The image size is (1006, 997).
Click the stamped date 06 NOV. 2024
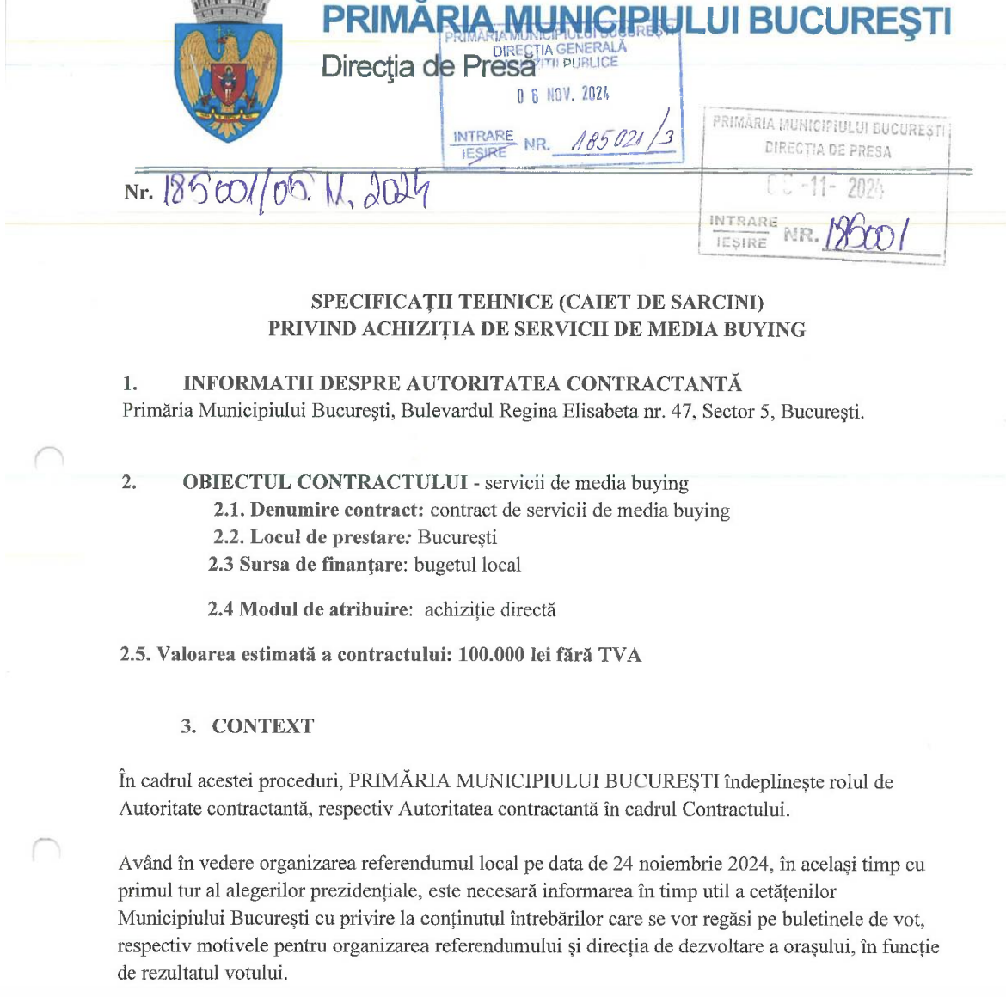point(563,95)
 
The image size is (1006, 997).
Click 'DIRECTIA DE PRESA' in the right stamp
point(827,150)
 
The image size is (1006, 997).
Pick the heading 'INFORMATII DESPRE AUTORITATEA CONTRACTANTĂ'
point(462,383)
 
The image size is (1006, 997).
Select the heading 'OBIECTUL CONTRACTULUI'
point(325,482)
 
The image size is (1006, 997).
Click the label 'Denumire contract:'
point(336,510)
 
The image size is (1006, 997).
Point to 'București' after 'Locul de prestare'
point(457,537)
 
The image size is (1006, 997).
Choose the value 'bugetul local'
point(468,565)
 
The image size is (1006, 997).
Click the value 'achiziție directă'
point(490,609)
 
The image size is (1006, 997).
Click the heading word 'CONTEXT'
point(263,726)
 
